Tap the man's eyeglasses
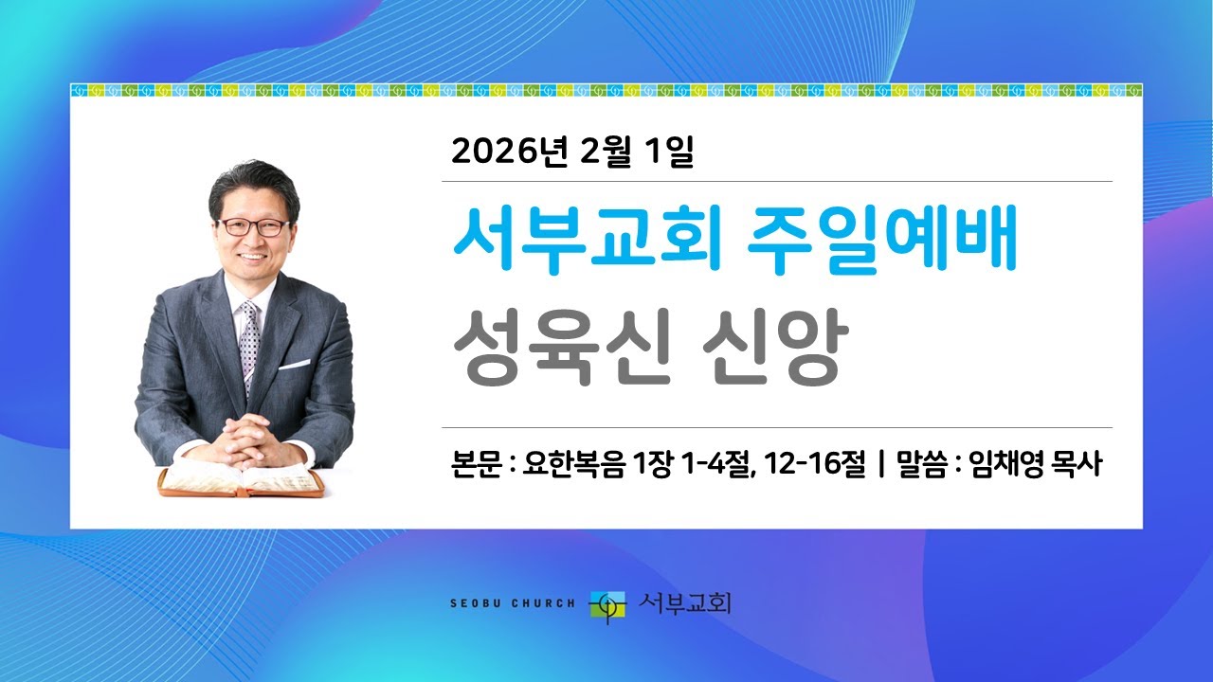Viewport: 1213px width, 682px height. (254, 227)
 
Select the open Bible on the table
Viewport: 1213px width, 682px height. (242, 480)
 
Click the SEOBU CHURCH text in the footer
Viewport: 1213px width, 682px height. (512, 602)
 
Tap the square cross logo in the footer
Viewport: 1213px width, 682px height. (607, 603)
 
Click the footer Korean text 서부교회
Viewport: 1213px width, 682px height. (684, 602)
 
